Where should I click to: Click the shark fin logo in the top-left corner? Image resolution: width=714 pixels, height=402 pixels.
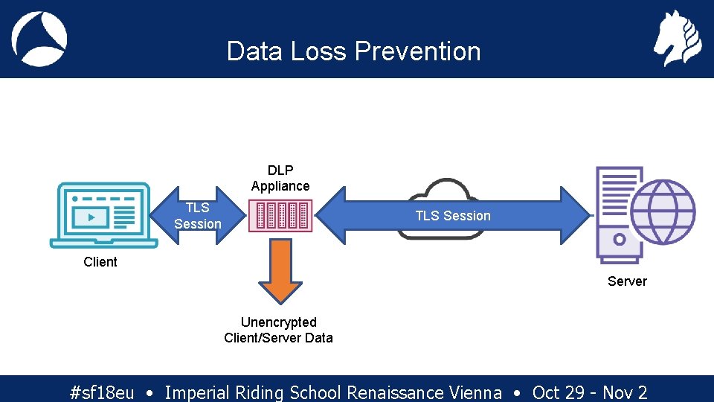pos(39,39)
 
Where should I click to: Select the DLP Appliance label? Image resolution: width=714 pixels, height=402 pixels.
pos(280,179)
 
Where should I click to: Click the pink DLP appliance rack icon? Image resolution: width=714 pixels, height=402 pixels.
pos(280,215)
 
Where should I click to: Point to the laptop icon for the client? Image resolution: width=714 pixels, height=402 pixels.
pos(103,215)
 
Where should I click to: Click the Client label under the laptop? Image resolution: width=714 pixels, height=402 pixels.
pos(100,262)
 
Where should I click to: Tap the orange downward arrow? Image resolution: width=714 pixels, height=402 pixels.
pos(280,269)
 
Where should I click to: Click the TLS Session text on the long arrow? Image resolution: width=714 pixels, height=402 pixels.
pos(452,216)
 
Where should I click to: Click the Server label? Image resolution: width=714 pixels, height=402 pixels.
pos(627,281)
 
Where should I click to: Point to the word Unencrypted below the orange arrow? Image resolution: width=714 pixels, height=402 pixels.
pos(279,322)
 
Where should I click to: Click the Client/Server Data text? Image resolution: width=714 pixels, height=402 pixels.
pos(279,338)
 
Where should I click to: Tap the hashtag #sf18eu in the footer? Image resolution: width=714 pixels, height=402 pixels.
pos(101,392)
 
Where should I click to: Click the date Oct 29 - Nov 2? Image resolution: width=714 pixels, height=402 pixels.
pos(590,392)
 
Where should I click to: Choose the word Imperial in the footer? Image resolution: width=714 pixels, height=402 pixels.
pos(197,392)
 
